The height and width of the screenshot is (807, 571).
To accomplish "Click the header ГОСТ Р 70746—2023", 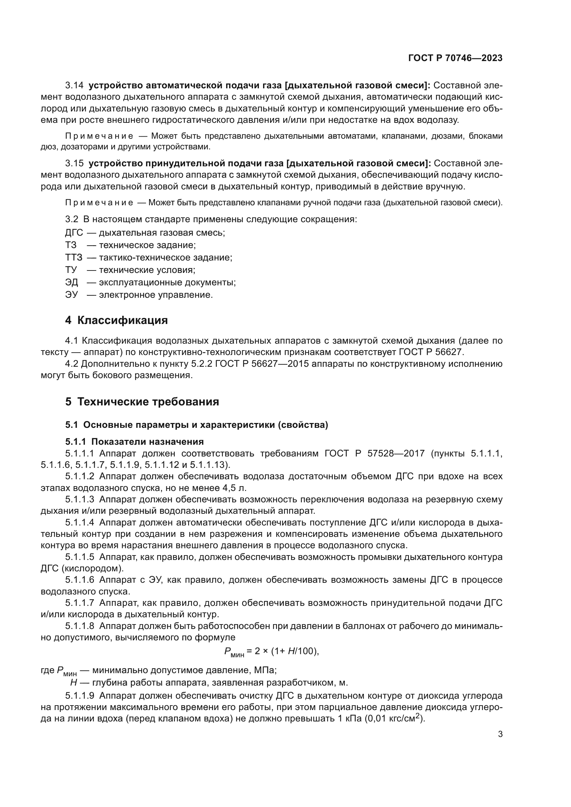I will (x=455, y=58).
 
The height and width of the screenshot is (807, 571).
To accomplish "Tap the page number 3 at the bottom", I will (x=500, y=734).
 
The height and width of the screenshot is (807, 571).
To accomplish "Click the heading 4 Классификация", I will (x=116, y=320).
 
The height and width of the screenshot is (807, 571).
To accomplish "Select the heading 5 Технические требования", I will (x=142, y=401).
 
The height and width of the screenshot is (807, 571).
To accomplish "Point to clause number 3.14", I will (x=74, y=86).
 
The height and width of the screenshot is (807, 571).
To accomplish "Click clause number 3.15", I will (x=74, y=164).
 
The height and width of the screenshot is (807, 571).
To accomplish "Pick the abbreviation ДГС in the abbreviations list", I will (x=74, y=233).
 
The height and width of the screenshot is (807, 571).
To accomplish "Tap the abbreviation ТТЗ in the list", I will (x=74, y=257).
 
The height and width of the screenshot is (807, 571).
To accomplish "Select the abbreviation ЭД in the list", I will (x=72, y=282).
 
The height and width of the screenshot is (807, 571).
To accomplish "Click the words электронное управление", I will (x=155, y=295).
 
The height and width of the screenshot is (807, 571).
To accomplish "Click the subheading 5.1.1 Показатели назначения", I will (x=134, y=442).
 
